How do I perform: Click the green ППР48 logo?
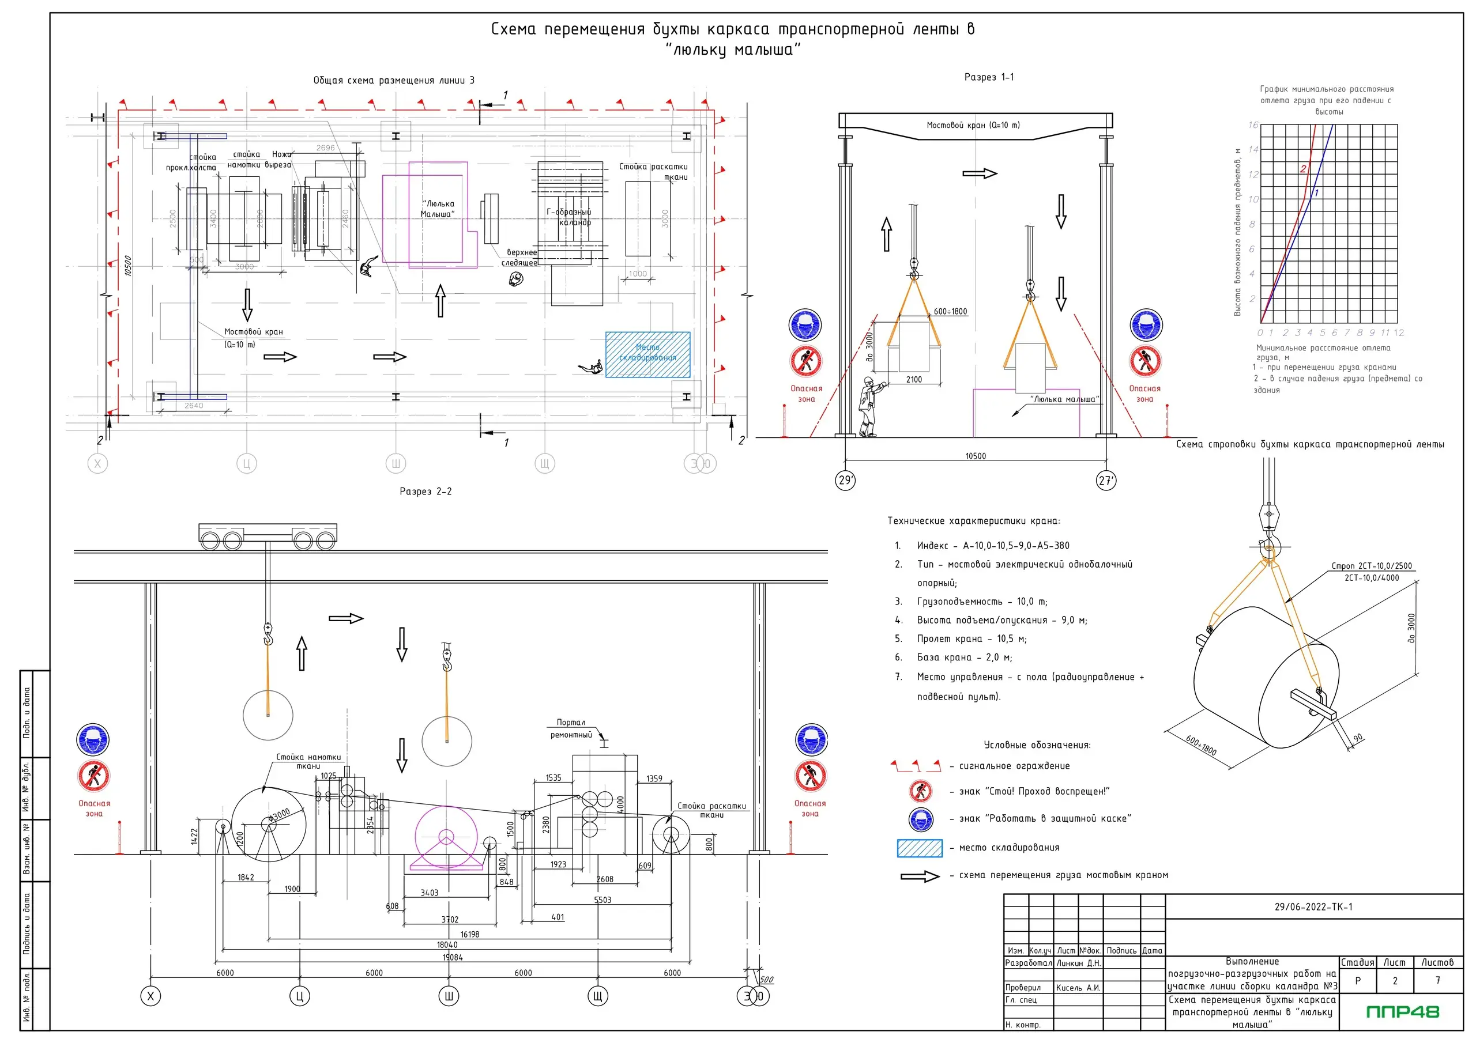[x=1402, y=1012]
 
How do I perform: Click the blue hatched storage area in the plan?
[x=647, y=355]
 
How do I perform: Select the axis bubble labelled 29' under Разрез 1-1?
[x=845, y=480]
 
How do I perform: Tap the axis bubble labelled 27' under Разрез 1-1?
[x=1106, y=480]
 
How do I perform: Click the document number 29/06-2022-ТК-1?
[x=1313, y=907]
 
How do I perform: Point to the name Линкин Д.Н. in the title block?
[x=1079, y=963]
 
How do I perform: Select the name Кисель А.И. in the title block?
[x=1078, y=988]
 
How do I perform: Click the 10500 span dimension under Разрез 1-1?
[x=975, y=456]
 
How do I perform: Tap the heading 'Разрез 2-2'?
[x=426, y=492]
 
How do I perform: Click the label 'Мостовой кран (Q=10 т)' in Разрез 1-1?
[x=973, y=125]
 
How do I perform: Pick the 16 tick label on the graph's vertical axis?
[x=1253, y=124]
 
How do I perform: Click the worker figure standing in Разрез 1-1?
[x=868, y=407]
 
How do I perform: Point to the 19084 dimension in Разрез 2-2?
[x=453, y=958]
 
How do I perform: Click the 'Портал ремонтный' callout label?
[x=571, y=729]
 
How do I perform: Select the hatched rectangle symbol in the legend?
[x=919, y=848]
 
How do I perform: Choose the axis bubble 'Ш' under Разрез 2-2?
[x=449, y=996]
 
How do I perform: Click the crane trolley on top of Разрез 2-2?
[x=268, y=536]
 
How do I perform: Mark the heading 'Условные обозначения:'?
[x=1037, y=745]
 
